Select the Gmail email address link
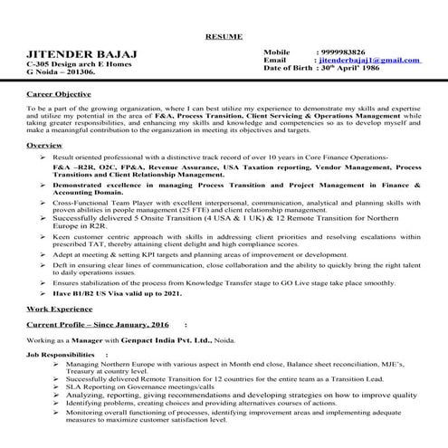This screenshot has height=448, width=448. (369, 60)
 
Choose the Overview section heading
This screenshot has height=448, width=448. (44, 145)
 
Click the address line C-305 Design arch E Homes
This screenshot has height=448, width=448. (78, 66)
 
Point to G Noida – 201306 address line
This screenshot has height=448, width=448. (61, 74)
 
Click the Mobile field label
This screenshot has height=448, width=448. (277, 52)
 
